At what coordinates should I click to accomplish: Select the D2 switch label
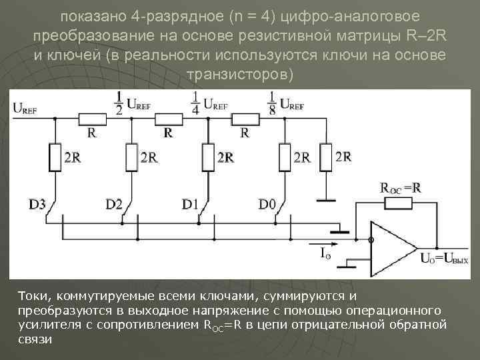(x=114, y=204)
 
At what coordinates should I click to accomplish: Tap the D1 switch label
(x=191, y=204)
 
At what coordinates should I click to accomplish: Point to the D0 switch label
(x=267, y=204)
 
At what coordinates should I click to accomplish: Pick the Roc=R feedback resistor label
(x=400, y=187)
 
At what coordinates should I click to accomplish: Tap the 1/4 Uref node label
(x=211, y=103)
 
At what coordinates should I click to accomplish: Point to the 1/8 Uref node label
(x=287, y=103)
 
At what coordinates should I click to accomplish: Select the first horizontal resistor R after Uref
(x=91, y=119)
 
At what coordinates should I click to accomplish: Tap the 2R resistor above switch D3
(x=55, y=157)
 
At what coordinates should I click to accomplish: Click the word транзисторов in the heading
(x=240, y=73)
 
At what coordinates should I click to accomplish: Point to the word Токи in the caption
(x=33, y=295)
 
